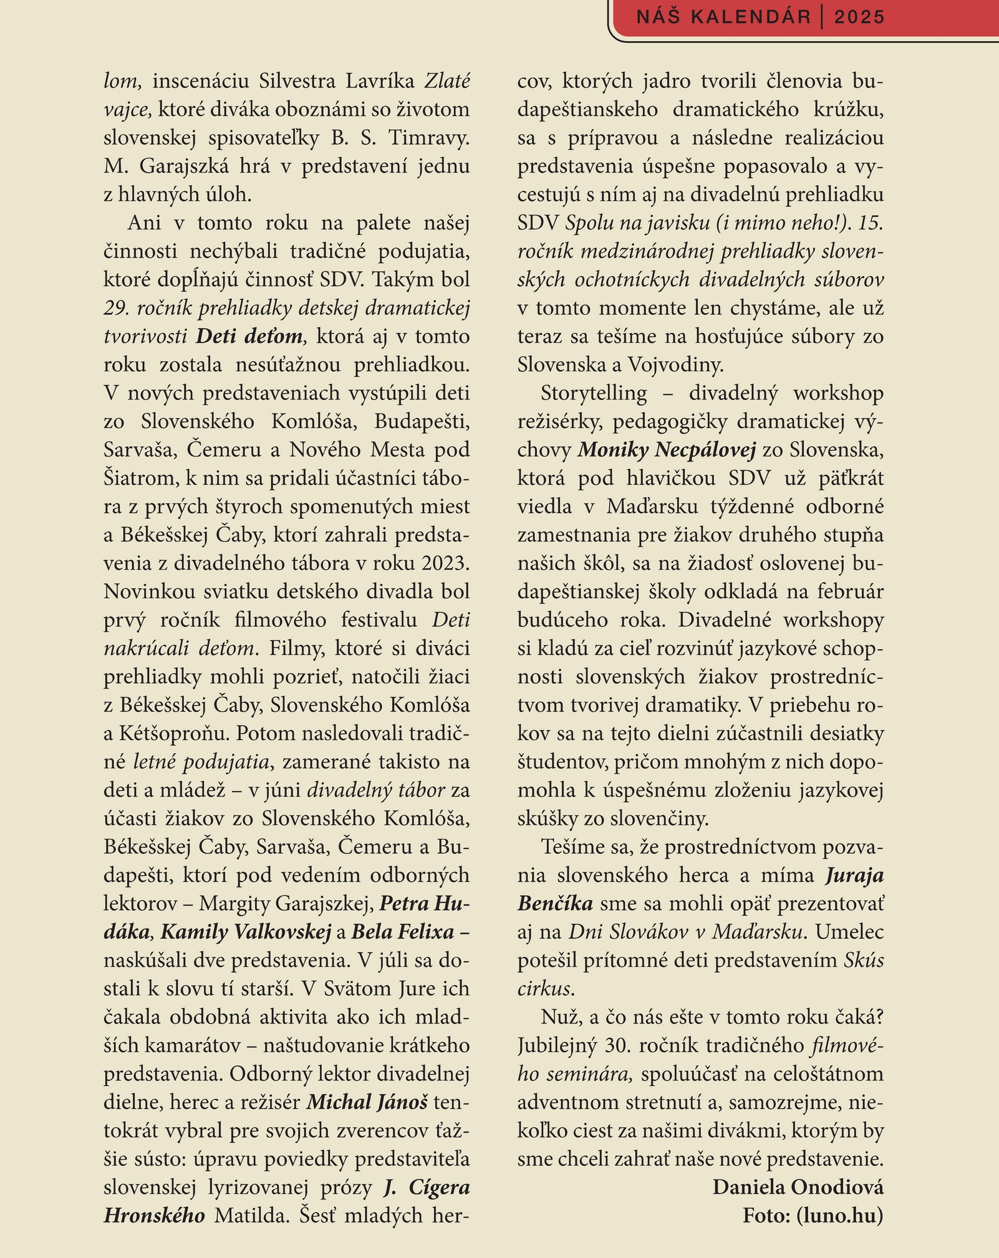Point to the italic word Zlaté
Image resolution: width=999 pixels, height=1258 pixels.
(447, 81)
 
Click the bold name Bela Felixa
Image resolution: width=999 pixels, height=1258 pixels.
(403, 932)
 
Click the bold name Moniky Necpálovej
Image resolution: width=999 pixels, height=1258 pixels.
(667, 449)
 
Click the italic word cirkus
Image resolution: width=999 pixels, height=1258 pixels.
(544, 989)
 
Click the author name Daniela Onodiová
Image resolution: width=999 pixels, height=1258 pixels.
(798, 1187)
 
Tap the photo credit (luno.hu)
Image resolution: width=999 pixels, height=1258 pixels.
(839, 1215)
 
